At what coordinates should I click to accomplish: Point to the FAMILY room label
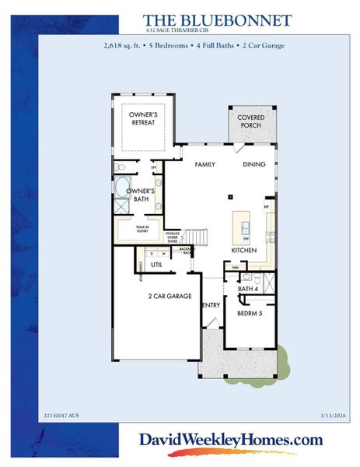click(205, 165)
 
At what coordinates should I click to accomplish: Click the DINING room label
click(253, 165)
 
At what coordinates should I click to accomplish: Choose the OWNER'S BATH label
click(142, 195)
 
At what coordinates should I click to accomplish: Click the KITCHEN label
click(243, 250)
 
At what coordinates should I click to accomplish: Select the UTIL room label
click(156, 265)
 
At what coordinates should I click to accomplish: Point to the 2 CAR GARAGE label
click(170, 297)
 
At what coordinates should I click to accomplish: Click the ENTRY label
click(211, 305)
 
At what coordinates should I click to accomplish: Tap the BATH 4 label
click(247, 289)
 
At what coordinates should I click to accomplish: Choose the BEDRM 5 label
click(249, 313)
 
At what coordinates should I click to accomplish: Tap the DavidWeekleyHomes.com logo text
click(231, 441)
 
